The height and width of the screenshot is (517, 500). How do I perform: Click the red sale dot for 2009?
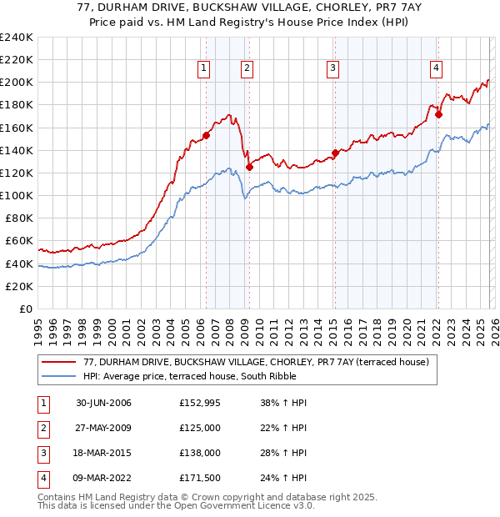point(249,168)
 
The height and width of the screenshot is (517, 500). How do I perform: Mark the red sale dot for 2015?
point(335,153)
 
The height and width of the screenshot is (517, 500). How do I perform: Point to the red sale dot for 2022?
point(438,115)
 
